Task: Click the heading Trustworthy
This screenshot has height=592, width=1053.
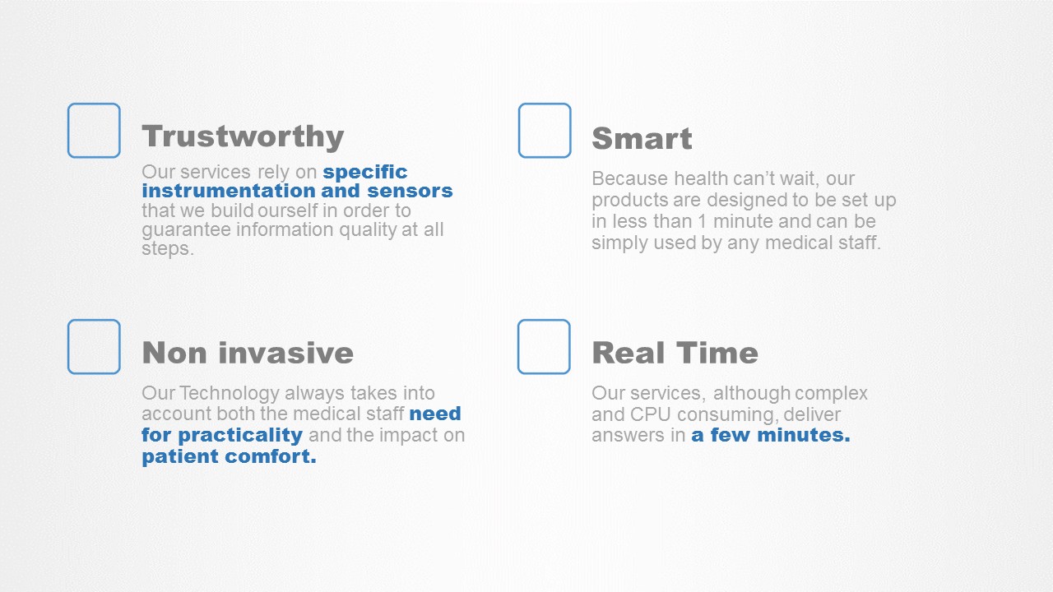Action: click(x=243, y=136)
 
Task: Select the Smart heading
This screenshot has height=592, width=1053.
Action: click(x=642, y=138)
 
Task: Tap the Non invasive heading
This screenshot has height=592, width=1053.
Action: click(x=248, y=353)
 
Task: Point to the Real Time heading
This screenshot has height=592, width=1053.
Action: click(x=675, y=353)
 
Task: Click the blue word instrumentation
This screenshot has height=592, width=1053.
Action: click(x=228, y=191)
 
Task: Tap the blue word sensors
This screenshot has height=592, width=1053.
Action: click(x=410, y=191)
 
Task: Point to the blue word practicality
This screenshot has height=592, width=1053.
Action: click(x=240, y=436)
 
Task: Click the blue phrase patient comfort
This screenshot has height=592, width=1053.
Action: click(x=229, y=456)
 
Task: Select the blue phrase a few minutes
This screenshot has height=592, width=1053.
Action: click(x=771, y=435)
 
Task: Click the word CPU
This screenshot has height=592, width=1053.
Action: click(x=650, y=414)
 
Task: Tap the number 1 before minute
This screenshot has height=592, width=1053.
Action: click(x=702, y=221)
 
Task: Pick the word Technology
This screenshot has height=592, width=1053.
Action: click(x=230, y=394)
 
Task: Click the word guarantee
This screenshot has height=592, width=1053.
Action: click(x=186, y=230)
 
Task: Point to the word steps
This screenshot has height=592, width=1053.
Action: click(x=168, y=249)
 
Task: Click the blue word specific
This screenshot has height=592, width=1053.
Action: click(x=364, y=173)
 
